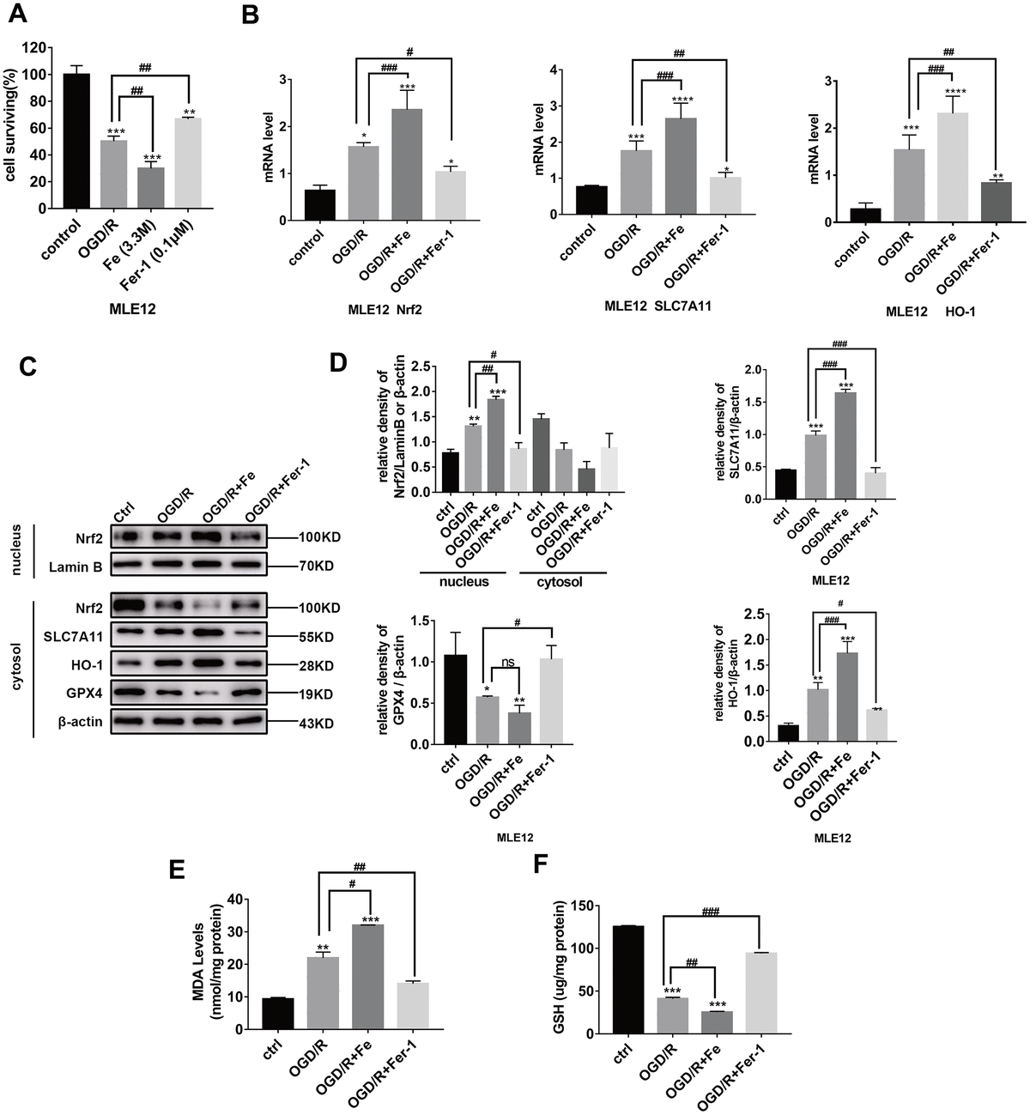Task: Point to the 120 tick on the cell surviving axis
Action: pos(38,48)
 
